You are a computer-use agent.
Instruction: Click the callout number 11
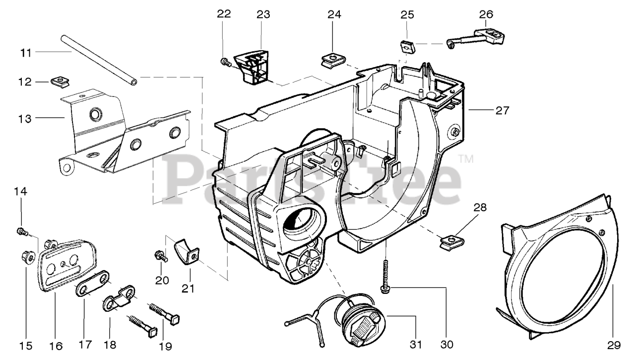(26, 52)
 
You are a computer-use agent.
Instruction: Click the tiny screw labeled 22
(224, 62)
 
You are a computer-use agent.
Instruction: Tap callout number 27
(502, 110)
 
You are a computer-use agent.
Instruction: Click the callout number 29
(612, 345)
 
